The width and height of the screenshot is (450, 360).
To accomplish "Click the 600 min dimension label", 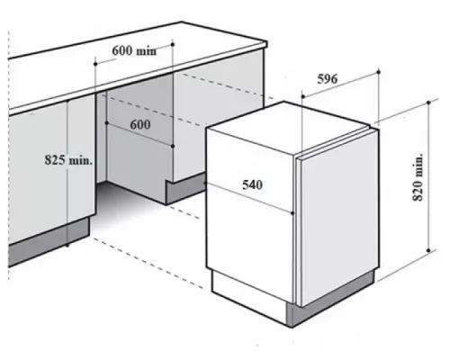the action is pyautogui.click(x=134, y=50).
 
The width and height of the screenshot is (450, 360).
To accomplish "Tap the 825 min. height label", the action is pyautogui.click(x=68, y=160).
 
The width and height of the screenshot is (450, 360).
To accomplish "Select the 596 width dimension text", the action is pyautogui.click(x=328, y=78).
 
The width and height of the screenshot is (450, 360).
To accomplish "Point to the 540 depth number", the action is pyautogui.click(x=252, y=184).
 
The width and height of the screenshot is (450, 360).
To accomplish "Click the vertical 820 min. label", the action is pyautogui.click(x=418, y=177).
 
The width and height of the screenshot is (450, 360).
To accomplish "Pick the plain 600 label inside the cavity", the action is pyautogui.click(x=140, y=124).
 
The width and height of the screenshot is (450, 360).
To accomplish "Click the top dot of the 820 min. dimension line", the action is pyautogui.click(x=428, y=103).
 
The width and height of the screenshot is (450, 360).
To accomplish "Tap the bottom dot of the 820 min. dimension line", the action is pyautogui.click(x=428, y=250).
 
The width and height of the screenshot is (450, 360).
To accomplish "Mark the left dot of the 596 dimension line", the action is pyautogui.click(x=303, y=96).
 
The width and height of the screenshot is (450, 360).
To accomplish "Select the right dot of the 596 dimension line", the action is pyautogui.click(x=378, y=72).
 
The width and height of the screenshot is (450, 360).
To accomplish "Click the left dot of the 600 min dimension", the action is pyautogui.click(x=95, y=64).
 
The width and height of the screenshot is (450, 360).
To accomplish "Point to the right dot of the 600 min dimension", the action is pyautogui.click(x=173, y=44).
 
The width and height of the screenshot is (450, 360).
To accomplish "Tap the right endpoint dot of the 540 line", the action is pyautogui.click(x=292, y=213).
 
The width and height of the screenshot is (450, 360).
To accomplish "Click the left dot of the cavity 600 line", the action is pyautogui.click(x=106, y=122).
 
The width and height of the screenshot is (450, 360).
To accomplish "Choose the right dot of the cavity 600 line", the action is pyautogui.click(x=173, y=146).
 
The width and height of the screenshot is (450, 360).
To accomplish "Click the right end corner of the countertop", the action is pyautogui.click(x=266, y=44).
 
